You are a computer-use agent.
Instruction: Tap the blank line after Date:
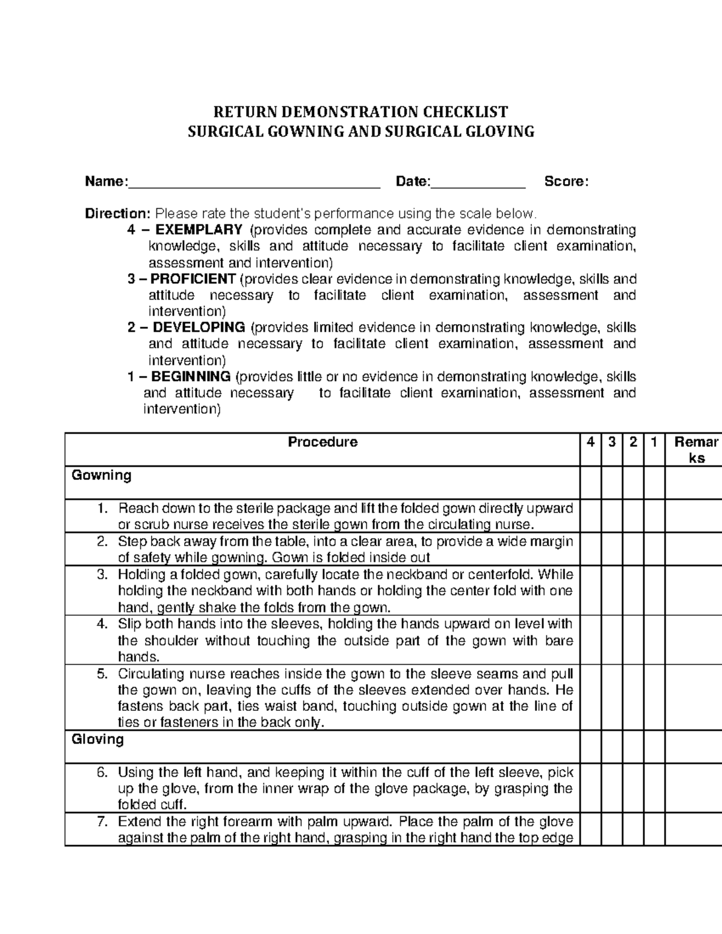(x=478, y=182)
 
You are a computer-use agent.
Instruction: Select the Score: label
(x=566, y=182)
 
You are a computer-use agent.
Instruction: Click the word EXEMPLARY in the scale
(x=199, y=230)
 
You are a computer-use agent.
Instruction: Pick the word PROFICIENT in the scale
(x=193, y=279)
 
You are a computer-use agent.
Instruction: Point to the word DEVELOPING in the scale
(x=199, y=328)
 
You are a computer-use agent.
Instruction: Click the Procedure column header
(x=322, y=442)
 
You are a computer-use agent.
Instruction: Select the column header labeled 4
(x=591, y=442)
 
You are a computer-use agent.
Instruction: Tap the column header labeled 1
(x=653, y=442)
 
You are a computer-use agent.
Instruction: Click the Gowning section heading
(x=101, y=475)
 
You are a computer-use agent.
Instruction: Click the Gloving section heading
(x=97, y=739)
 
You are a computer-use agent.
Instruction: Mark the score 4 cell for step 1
(x=591, y=515)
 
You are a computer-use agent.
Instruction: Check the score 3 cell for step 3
(x=612, y=590)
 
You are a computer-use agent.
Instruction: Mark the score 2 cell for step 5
(x=633, y=698)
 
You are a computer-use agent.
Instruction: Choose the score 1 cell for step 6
(x=654, y=788)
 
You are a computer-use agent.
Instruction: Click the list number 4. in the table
(x=103, y=624)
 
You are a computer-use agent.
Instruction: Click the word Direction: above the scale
(x=118, y=214)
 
